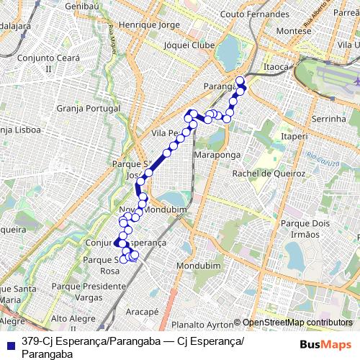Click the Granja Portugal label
86,109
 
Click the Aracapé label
142,312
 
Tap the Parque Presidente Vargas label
89,292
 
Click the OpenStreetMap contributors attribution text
297,323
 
